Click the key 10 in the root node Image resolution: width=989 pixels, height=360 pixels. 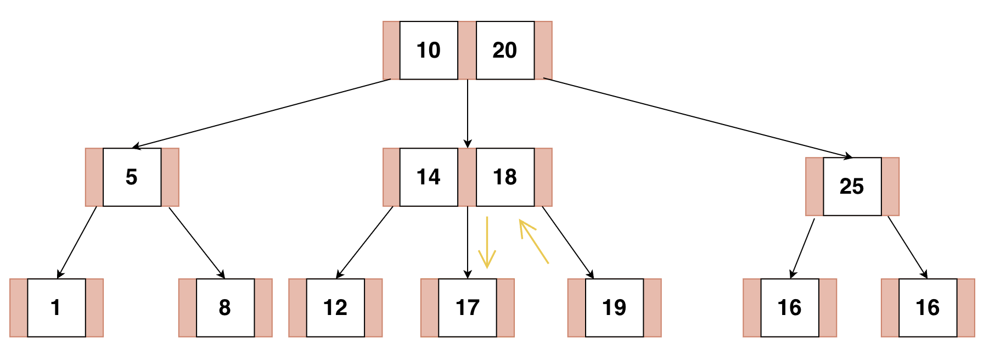pyautogui.click(x=429, y=50)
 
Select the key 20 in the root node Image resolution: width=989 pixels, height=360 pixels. pyautogui.click(x=505, y=50)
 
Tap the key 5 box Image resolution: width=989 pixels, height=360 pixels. pyautogui.click(x=132, y=177)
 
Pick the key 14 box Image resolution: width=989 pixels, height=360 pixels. pyautogui.click(x=429, y=177)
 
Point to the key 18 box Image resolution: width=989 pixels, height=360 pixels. pyautogui.click(x=505, y=177)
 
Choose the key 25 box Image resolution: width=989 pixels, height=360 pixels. pyautogui.click(x=852, y=187)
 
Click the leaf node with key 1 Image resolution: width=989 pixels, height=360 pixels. pyautogui.click(x=56, y=308)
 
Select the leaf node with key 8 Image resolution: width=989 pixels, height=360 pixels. pyautogui.click(x=225, y=308)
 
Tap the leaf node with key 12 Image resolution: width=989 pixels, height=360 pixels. pyautogui.click(x=335, y=308)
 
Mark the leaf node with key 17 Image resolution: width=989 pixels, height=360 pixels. pyautogui.click(x=468, y=308)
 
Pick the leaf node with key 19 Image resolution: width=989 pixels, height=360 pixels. pyautogui.click(x=614, y=308)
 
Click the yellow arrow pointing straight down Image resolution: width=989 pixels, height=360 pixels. pyautogui.click(x=487, y=241)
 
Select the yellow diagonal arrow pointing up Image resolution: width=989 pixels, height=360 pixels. pyautogui.click(x=533, y=241)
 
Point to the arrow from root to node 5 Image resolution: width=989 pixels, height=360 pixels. pyautogui.click(x=261, y=114)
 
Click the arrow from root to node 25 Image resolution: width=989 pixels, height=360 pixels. pyautogui.click(x=697, y=118)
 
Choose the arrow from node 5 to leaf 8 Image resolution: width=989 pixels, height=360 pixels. pyautogui.click(x=196, y=242)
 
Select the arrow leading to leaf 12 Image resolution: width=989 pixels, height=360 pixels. pyautogui.click(x=365, y=242)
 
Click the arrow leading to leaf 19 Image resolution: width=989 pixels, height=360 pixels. pyautogui.click(x=567, y=242)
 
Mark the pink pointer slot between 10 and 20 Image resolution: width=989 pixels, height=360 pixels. pyautogui.click(x=467, y=50)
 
